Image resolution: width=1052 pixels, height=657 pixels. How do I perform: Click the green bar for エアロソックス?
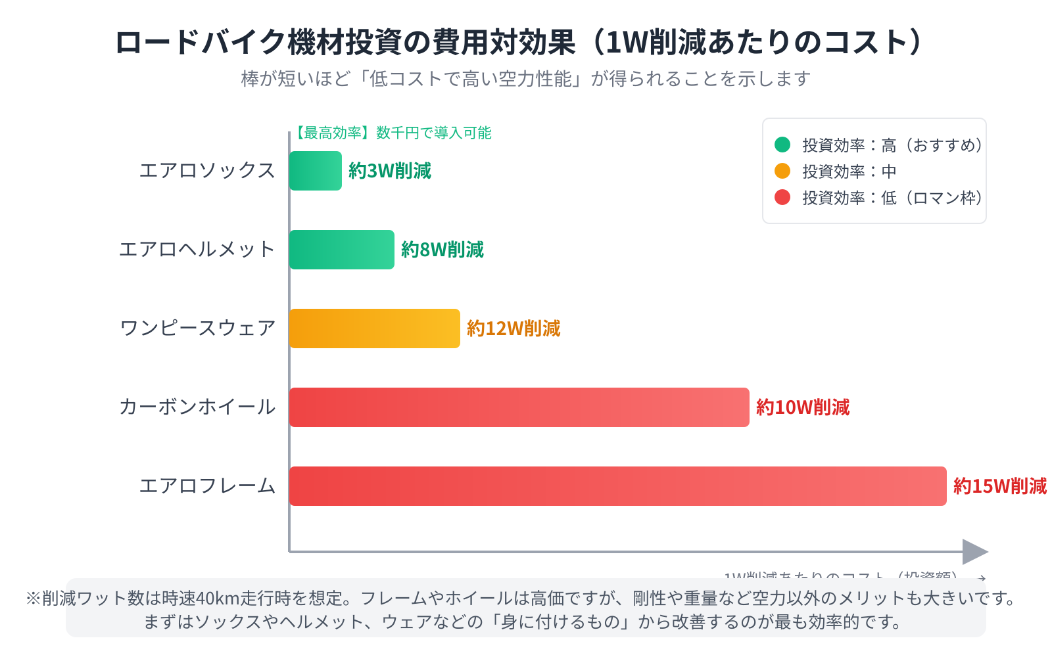tap(316, 171)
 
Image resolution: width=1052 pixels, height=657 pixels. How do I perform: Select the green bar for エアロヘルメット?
tap(342, 250)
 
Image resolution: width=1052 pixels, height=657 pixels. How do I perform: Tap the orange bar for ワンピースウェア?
tap(375, 328)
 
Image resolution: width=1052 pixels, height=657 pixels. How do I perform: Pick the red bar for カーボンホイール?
tap(519, 407)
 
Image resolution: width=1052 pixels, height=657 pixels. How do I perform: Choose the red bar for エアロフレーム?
tap(618, 486)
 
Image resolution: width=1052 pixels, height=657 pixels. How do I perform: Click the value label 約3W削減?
tap(390, 171)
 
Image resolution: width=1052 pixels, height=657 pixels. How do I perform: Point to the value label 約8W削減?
tap(442, 250)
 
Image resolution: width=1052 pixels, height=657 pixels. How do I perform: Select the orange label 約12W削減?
tap(514, 328)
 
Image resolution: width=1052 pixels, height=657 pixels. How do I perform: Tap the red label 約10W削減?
tap(803, 407)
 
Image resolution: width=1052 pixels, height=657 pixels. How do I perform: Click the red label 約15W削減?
tap(999, 486)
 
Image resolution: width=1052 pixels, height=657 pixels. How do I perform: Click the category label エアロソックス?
tap(207, 171)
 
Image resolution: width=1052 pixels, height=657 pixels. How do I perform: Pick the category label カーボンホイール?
tap(197, 407)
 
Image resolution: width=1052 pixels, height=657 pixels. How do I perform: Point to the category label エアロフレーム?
tap(207, 486)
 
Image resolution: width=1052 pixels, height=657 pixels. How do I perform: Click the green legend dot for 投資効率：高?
tap(782, 145)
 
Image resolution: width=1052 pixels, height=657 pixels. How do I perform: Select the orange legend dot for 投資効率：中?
tap(782, 171)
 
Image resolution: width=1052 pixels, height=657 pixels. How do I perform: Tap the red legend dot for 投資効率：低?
tap(782, 197)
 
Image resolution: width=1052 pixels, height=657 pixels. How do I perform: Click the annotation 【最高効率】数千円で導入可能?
tap(391, 133)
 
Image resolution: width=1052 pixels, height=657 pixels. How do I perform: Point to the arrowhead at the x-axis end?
tap(975, 552)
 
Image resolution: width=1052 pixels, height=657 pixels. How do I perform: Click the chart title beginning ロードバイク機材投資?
tap(519, 43)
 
